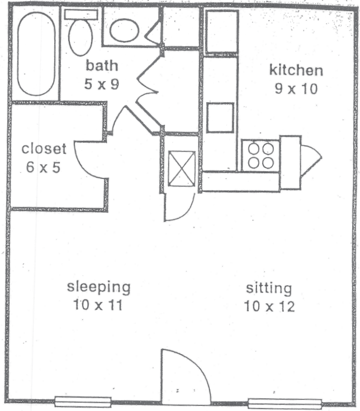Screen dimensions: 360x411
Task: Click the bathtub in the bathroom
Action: [x=36, y=54]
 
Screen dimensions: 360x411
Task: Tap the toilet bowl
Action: [x=80, y=39]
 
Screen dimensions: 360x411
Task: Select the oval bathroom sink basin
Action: [x=124, y=30]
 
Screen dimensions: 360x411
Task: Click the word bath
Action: [x=102, y=65]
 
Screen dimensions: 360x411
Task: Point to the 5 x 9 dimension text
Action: [x=102, y=84]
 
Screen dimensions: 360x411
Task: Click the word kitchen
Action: [x=296, y=70]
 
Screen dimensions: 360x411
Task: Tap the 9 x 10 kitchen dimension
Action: [x=296, y=89]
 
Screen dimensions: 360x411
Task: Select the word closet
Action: [x=44, y=149]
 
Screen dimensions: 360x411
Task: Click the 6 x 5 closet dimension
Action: [x=43, y=167]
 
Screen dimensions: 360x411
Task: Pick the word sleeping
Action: [x=98, y=287]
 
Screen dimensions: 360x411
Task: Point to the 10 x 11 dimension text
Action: [x=98, y=305]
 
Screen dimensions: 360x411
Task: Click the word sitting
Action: [x=269, y=289]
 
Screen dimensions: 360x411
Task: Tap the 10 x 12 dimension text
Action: [x=269, y=306]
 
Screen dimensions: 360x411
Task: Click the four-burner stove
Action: [x=260, y=155]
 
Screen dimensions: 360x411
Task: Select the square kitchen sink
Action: [x=220, y=117]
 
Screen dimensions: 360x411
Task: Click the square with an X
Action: [x=182, y=168]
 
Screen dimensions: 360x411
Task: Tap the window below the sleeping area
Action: [x=83, y=401]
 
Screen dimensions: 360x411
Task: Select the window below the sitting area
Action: [x=285, y=403]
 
